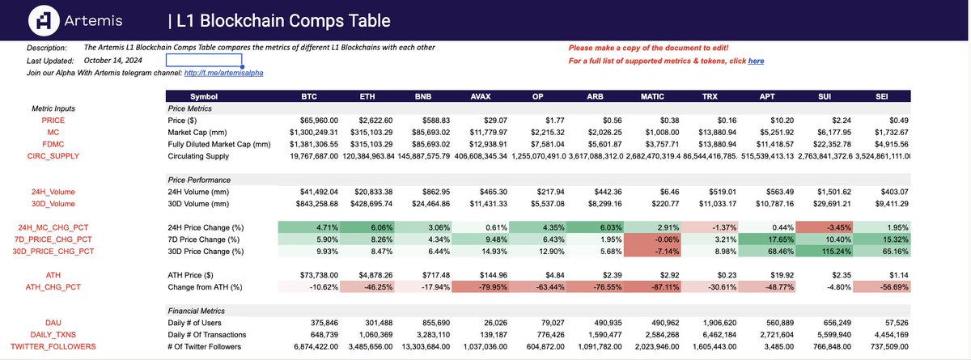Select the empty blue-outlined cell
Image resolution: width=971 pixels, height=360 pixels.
[204, 60]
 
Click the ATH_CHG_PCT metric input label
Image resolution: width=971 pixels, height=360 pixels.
[54, 286]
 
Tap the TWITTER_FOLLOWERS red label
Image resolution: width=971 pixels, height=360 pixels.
[54, 346]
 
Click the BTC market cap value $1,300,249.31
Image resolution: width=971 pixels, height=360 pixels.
[307, 132]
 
